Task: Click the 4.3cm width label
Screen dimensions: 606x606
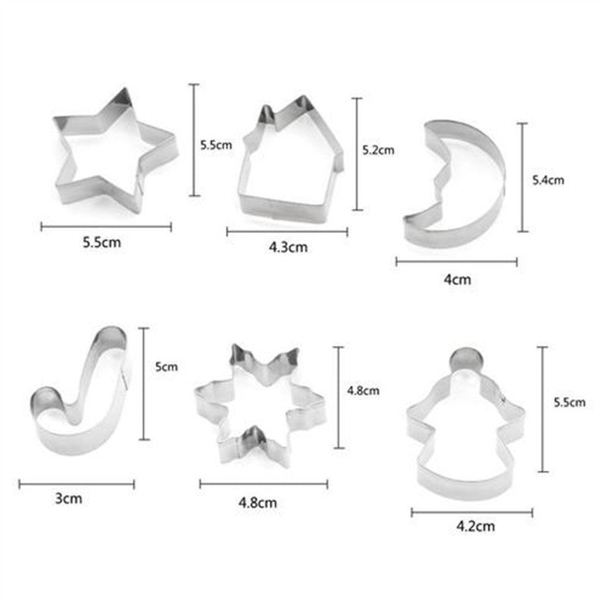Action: coord(289,247)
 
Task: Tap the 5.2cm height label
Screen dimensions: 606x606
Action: coord(378,150)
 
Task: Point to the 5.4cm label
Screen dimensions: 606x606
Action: coord(548,180)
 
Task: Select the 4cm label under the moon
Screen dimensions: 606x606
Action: coord(458,279)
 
